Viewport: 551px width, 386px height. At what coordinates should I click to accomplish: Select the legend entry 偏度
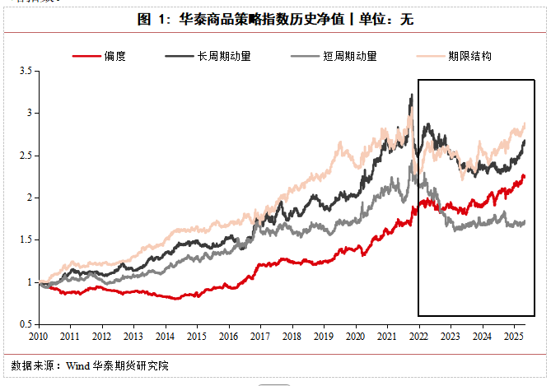pyautogui.click(x=114, y=56)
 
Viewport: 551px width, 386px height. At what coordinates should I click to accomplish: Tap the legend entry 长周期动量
pyautogui.click(x=225, y=56)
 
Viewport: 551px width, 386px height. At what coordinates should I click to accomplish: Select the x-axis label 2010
pyautogui.click(x=38, y=337)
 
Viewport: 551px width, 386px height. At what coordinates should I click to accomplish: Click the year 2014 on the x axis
pyautogui.click(x=165, y=337)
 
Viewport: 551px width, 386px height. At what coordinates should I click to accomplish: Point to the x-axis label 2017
pyautogui.click(x=260, y=337)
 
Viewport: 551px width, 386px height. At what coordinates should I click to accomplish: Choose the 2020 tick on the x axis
pyautogui.click(x=355, y=337)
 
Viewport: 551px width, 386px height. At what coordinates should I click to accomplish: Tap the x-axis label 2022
pyautogui.click(x=418, y=337)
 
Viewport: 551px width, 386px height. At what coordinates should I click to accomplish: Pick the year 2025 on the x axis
pyautogui.click(x=513, y=337)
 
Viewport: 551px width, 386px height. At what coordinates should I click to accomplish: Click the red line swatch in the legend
pyautogui.click(x=86, y=56)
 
